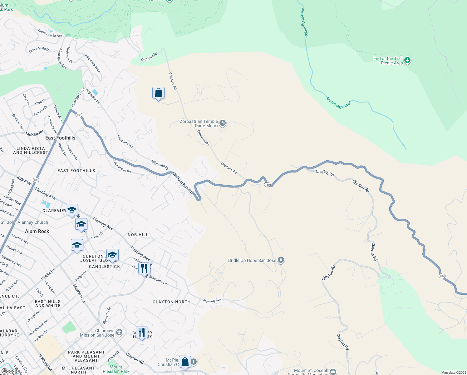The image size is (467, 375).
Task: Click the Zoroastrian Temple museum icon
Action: tap(223, 123)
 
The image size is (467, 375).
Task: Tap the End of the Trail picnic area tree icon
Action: tap(407, 60)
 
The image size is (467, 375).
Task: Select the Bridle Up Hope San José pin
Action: tap(281, 260)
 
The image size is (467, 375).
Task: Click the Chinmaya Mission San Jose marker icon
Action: tap(119, 332)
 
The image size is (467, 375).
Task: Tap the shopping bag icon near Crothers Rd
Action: tap(158, 93)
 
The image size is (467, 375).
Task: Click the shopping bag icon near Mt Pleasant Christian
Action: tap(185, 362)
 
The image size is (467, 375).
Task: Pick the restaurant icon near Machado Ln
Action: tap(144, 268)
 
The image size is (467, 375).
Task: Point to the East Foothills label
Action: tap(60, 138)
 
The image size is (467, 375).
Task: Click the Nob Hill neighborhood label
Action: tap(138, 235)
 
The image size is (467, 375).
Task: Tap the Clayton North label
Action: tap(171, 302)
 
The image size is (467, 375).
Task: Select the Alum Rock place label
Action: tap(37, 231)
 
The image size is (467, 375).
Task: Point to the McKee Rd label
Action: tap(34, 134)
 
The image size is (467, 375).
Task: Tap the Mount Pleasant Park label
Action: tap(116, 369)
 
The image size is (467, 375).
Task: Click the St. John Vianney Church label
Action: tap(24, 222)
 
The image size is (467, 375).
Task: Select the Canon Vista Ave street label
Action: tap(50, 33)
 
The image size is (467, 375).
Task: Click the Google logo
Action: tap(10, 371)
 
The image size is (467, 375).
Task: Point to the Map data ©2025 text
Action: tap(453, 372)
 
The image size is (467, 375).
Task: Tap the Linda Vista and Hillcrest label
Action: tap(31, 151)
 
